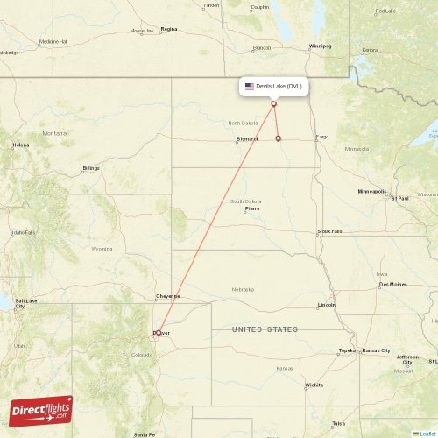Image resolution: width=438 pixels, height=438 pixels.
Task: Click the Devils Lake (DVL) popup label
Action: coord(273,86)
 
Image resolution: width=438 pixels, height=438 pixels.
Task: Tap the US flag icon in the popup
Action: coord(250,86)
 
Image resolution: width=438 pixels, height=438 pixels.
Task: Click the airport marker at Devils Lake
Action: coord(273,103)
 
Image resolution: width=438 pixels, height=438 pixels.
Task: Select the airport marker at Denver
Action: coord(158,332)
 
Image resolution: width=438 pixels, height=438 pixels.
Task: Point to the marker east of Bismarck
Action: coord(278,138)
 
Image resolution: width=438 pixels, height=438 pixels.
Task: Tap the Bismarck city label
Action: coord(247,138)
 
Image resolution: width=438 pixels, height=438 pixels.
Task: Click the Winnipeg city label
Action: coord(320,45)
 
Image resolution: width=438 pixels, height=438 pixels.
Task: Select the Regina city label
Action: coord(168,29)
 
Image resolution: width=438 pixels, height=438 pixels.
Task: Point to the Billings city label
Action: coord(91,167)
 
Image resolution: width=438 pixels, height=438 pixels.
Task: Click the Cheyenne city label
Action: coord(167,296)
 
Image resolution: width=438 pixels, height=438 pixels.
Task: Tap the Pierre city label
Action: coord(252,209)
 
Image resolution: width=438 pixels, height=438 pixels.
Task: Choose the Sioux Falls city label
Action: coord(330,232)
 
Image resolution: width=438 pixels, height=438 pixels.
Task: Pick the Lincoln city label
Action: coord(327,304)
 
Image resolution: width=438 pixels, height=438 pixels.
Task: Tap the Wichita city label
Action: coord(314,385)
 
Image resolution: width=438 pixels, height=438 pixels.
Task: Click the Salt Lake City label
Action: coord(25,303)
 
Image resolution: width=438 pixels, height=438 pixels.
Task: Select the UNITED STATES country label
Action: coord(265,329)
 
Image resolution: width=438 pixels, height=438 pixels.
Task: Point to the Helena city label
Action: coord(20,145)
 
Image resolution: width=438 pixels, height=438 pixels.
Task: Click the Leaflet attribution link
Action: coord(427,433)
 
